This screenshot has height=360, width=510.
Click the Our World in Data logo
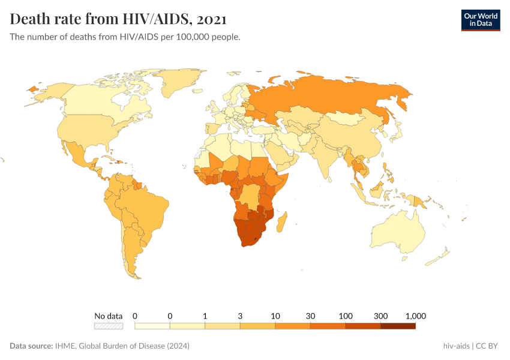(x=480, y=19)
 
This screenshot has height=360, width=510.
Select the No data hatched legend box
(x=108, y=326)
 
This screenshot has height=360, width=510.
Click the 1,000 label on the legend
(x=415, y=316)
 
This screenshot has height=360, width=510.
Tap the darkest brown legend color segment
(x=398, y=326)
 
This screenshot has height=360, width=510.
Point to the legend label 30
(x=310, y=316)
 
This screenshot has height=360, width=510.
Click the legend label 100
(x=345, y=316)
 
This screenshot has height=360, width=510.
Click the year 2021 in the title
(x=211, y=19)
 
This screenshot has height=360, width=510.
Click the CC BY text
(x=488, y=346)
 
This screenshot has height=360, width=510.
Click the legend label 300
(x=380, y=316)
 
